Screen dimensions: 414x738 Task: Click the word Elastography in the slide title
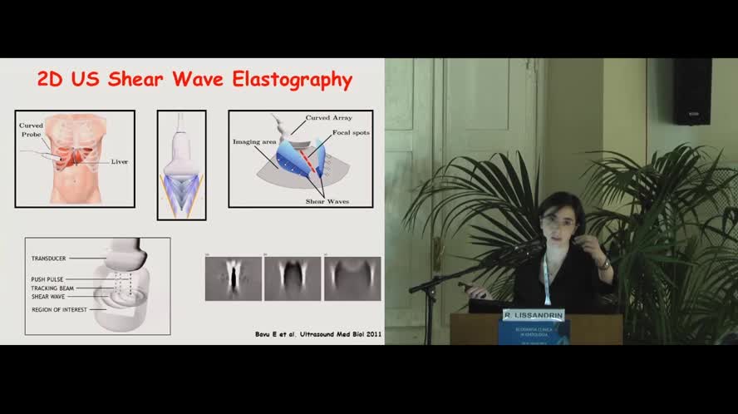[x=297, y=81]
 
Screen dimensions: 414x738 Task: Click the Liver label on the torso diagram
[x=120, y=161]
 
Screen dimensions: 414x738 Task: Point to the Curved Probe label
[x=32, y=131]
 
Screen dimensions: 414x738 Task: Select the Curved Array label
[x=329, y=118]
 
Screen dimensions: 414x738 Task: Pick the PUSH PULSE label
[x=52, y=278]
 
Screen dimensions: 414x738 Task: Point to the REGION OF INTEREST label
[x=59, y=309]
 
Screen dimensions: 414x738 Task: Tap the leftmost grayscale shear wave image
[x=234, y=278]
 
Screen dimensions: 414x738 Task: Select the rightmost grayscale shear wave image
[x=352, y=278]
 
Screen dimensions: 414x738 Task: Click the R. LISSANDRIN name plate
[x=533, y=315]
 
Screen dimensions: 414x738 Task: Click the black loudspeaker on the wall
[x=691, y=91]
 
